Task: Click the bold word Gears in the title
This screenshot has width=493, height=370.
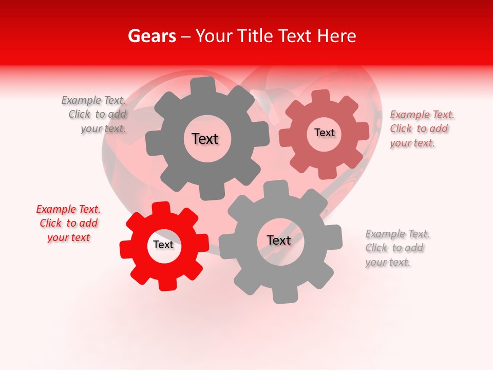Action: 151,36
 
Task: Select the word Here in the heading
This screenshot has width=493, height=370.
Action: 336,36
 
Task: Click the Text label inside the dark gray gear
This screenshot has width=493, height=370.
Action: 205,139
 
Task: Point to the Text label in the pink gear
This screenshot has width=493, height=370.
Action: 324,133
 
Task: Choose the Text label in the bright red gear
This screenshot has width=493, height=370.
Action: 163,245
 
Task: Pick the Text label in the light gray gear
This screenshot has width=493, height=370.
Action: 279,240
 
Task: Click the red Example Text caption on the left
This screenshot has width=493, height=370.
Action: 68,223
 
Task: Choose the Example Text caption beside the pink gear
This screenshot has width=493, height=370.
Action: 422,128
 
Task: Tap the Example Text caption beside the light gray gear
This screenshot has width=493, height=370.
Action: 397,248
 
